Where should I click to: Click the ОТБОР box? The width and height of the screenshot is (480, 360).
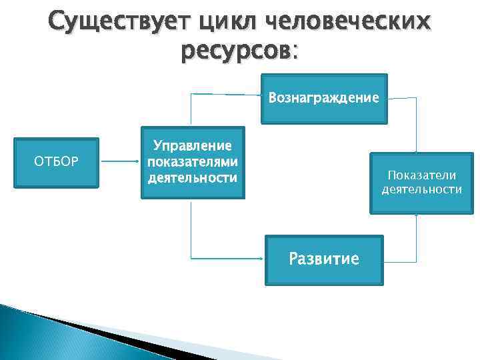pos(57,162)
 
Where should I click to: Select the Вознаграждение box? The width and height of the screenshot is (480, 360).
pos(323,99)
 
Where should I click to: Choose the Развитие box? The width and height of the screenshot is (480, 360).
pos(323,259)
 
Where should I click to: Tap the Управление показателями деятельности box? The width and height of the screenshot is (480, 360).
pos(192,162)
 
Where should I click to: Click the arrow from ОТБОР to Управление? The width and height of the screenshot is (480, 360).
pos(120,161)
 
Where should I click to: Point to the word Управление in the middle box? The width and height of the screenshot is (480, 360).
pos(192,145)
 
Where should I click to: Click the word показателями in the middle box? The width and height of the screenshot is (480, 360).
pos(192,161)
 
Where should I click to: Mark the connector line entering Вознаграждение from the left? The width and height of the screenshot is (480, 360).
pos(227,95)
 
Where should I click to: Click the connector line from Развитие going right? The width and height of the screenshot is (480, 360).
pos(400,258)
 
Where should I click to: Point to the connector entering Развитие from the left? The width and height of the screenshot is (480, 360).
pos(227,257)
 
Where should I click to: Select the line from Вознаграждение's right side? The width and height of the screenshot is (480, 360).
pos(403,99)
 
